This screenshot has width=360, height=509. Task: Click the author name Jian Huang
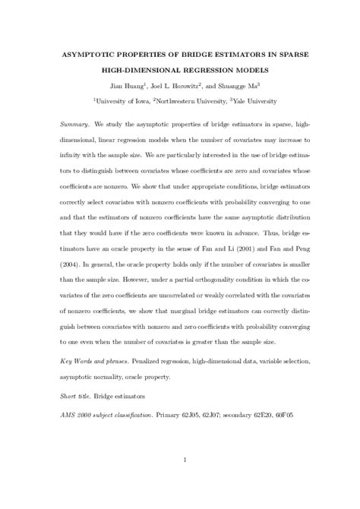126,87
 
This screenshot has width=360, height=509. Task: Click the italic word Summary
74,122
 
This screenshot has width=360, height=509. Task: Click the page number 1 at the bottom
185,459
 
